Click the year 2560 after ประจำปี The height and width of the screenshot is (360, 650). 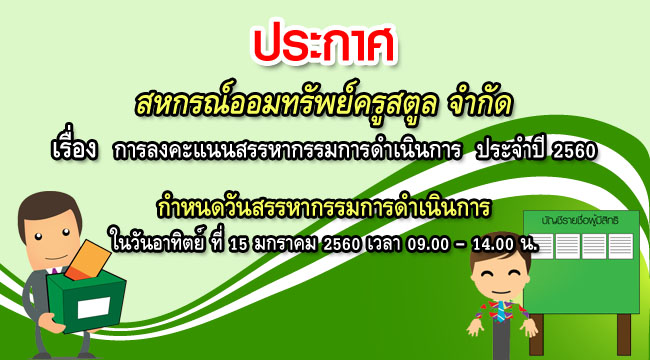[x=573, y=151]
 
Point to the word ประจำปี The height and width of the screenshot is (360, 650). [x=509, y=151]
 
